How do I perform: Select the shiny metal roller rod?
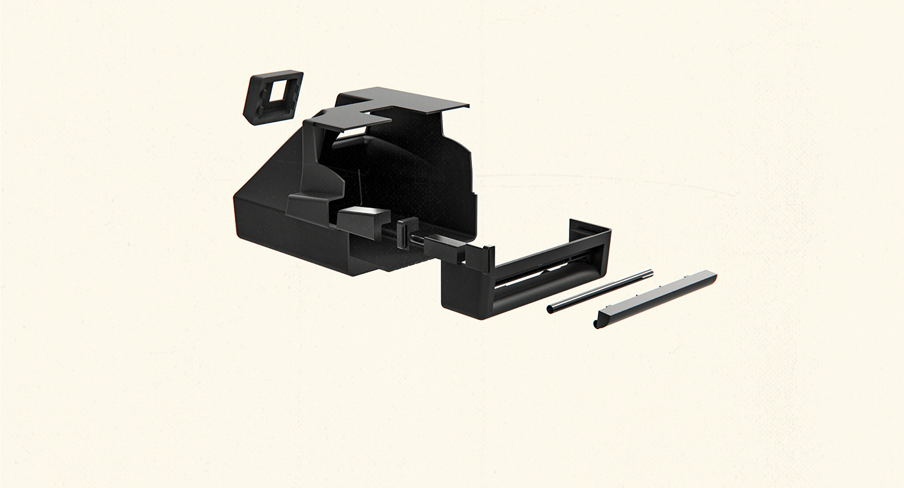point(601,292)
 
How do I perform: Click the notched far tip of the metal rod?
point(650,273)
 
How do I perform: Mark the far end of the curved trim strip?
point(713,276)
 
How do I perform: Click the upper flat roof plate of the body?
point(413,100)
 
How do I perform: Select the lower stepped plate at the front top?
point(349,120)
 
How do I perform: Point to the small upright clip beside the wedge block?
point(405,231)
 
